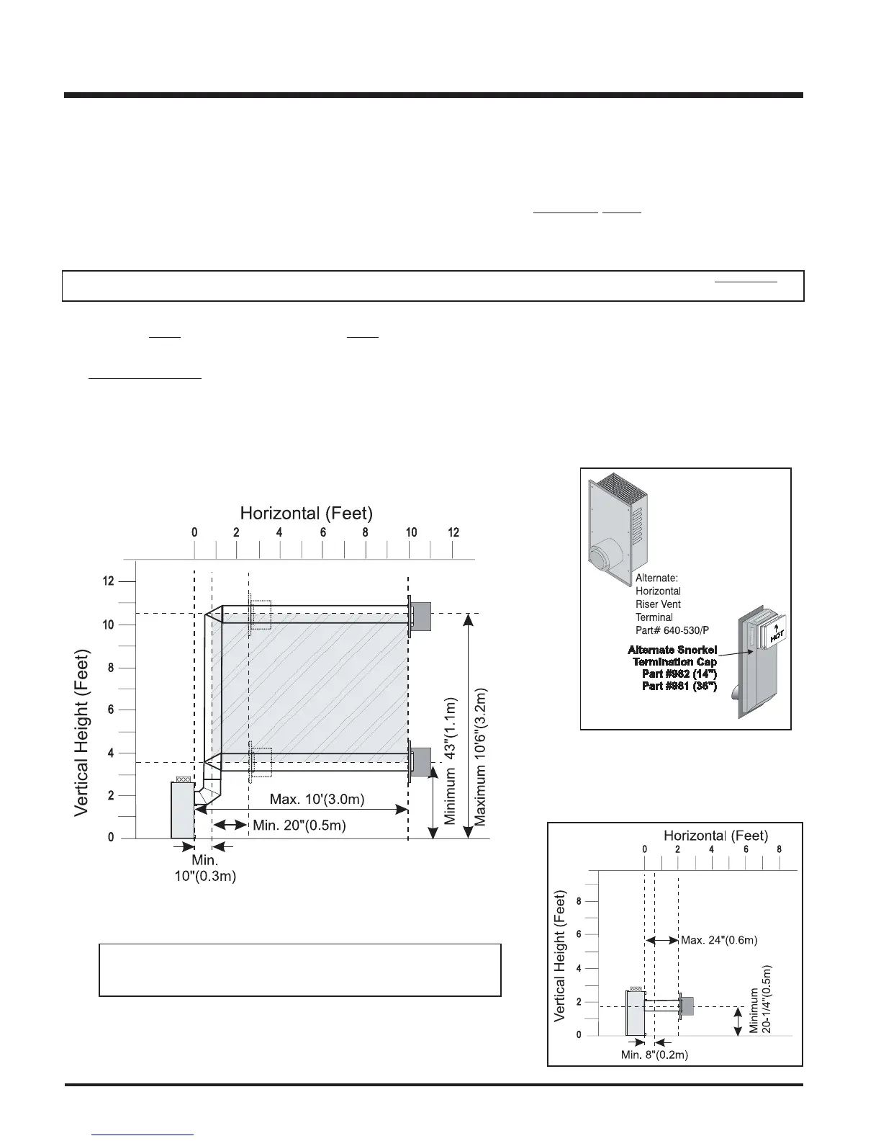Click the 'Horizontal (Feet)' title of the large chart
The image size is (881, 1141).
[307, 513]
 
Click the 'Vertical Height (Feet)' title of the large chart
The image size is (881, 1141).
[82, 733]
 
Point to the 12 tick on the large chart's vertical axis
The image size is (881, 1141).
[108, 581]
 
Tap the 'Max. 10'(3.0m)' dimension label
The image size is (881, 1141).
[317, 799]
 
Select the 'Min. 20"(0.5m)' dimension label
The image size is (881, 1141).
[299, 825]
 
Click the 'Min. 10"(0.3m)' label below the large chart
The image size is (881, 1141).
[205, 868]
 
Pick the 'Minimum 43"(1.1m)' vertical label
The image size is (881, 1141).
[451, 761]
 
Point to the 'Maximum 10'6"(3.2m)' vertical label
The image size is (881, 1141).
[480, 757]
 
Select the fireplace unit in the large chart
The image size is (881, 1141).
[183, 810]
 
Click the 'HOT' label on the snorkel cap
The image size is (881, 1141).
[777, 636]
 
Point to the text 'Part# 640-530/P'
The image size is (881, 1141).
[672, 630]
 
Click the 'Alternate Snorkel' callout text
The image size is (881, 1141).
[672, 650]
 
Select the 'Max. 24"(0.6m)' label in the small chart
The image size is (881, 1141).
[719, 940]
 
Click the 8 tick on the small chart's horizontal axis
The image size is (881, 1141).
[780, 849]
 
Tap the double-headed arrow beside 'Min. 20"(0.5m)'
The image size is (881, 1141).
[230, 825]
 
